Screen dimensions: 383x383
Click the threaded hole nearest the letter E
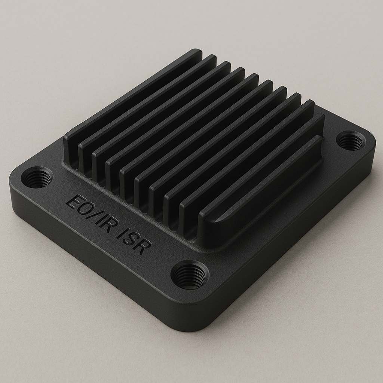coord(37,177)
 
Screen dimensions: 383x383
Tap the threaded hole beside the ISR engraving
coord(190,275)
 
